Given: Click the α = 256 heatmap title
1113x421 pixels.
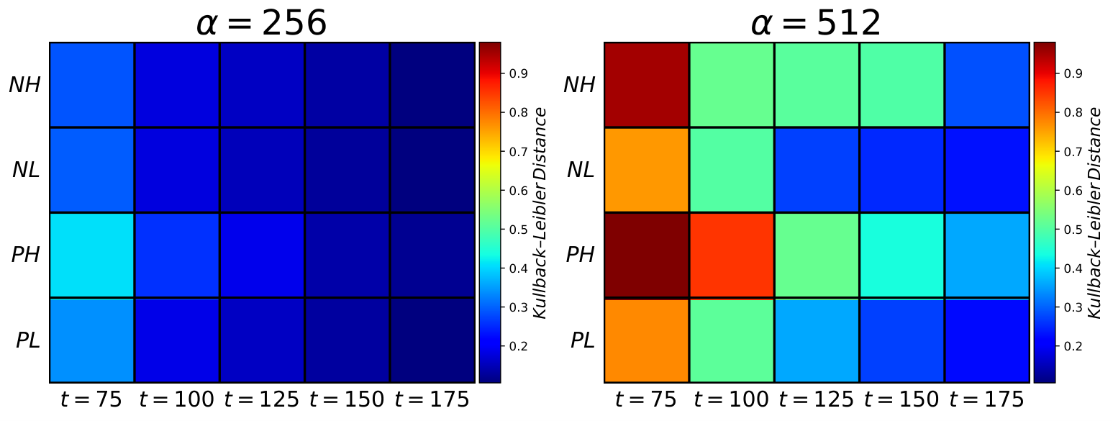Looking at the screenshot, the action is [x=261, y=22].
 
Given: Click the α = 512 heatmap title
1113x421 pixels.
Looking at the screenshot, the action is [x=816, y=22].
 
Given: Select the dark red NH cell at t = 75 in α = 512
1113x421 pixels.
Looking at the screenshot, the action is [x=647, y=85].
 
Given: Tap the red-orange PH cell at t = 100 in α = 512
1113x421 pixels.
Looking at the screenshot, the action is [x=732, y=255].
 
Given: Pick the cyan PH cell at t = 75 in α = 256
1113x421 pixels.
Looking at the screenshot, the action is [x=92, y=255].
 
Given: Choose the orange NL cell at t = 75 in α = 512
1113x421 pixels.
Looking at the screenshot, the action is [x=647, y=170].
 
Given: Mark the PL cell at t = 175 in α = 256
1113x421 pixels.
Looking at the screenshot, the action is [x=432, y=340].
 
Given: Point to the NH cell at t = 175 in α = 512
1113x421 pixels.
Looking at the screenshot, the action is [x=987, y=85].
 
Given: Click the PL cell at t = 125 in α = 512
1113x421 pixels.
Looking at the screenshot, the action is [x=817, y=340].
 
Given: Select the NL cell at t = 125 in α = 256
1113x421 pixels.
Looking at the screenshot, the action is [x=262, y=170].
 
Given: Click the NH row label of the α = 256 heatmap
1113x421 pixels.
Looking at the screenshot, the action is [x=25, y=85].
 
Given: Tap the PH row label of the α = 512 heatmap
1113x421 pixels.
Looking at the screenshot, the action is [x=580, y=255].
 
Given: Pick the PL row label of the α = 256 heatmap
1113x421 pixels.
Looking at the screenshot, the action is [x=28, y=340].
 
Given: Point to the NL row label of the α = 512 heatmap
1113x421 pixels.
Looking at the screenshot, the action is [x=581, y=170].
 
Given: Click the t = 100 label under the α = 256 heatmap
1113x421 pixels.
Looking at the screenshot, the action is [x=176, y=399].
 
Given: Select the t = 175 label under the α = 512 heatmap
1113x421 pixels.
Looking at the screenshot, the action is [x=986, y=399].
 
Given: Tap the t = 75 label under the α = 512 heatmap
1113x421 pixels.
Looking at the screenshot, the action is [x=646, y=399].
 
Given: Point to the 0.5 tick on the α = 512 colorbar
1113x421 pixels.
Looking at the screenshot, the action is [x=1073, y=230].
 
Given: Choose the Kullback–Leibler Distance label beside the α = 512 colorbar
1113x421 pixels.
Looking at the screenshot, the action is [x=1094, y=213].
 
